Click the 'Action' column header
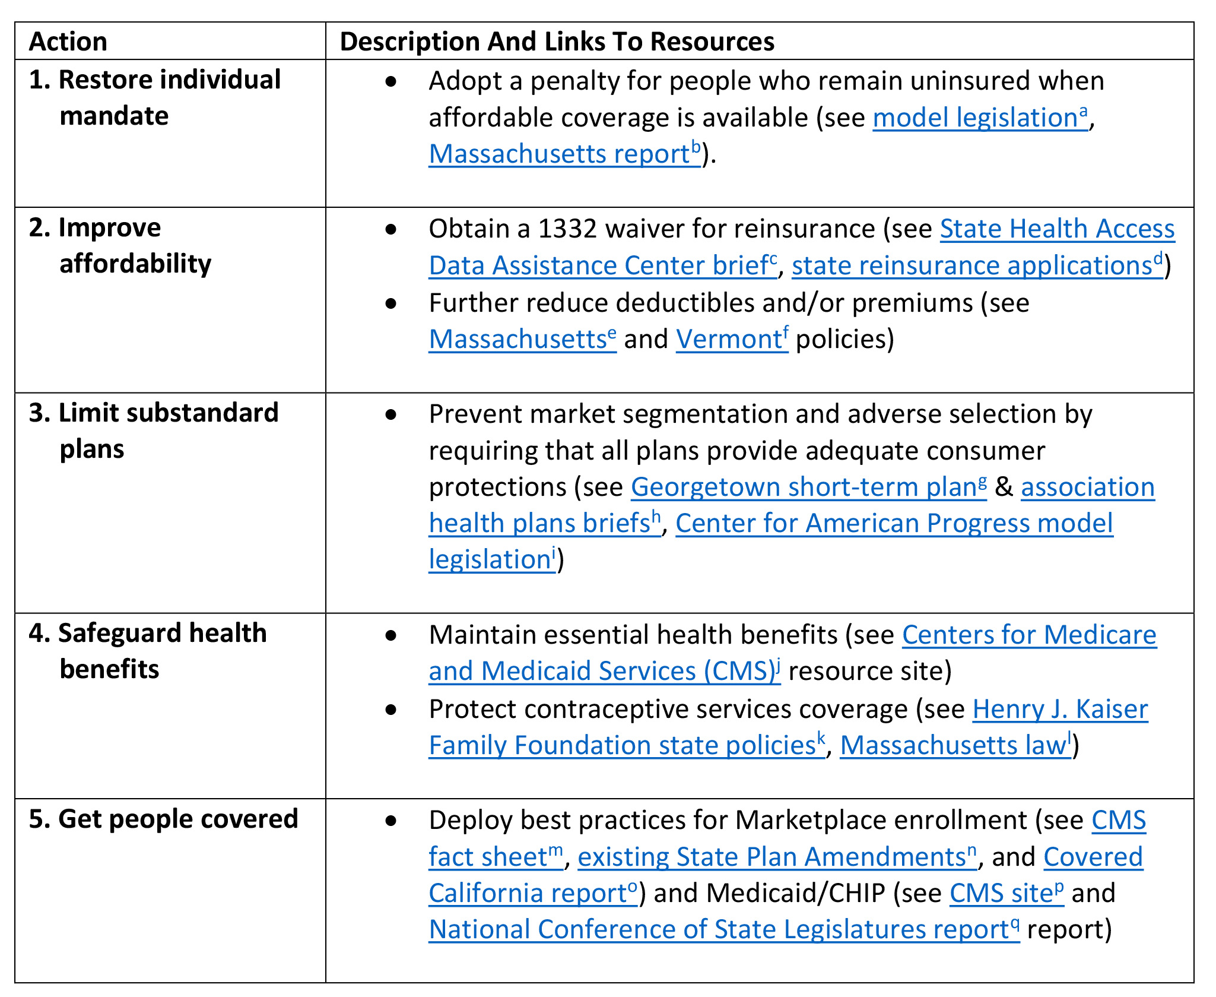(x=68, y=42)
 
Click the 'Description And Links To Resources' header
(x=557, y=42)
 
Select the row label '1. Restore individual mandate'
(x=155, y=97)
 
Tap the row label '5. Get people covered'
(x=163, y=819)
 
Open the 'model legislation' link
(x=980, y=117)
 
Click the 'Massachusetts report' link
(x=565, y=154)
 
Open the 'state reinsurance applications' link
(x=977, y=265)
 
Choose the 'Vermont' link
(x=732, y=338)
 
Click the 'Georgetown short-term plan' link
(x=809, y=487)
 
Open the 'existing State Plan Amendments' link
(x=777, y=856)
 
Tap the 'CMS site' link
(x=1007, y=892)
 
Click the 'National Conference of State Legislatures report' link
(x=725, y=929)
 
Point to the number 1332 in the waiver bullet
(x=567, y=229)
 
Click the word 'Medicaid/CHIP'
(x=795, y=893)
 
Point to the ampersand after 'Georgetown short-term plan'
(x=1004, y=487)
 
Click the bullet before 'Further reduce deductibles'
(x=390, y=303)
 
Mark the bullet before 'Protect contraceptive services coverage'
(x=390, y=710)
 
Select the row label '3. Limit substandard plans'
(x=154, y=431)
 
